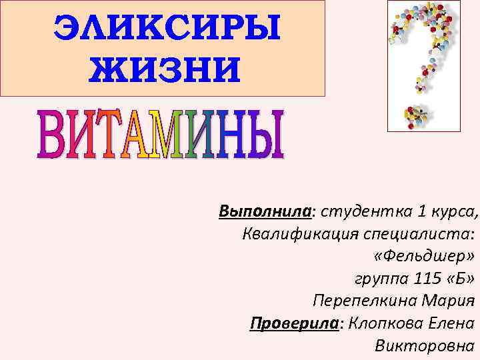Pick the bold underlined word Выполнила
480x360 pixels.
tap(265, 212)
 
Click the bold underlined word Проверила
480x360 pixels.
tap(294, 323)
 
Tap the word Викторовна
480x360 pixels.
tap(426, 345)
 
